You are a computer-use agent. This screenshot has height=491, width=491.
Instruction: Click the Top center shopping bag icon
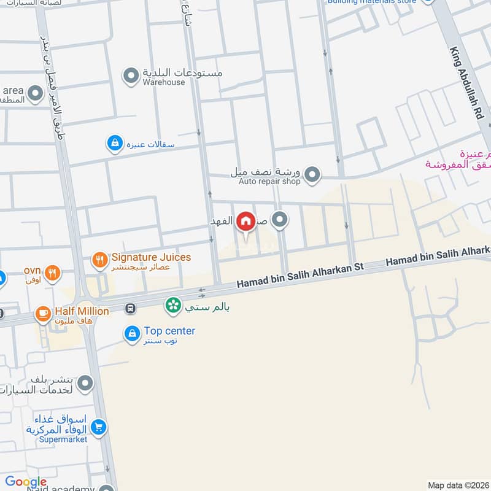click(131, 334)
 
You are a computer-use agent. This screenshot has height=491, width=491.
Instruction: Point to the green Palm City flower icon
click(173, 304)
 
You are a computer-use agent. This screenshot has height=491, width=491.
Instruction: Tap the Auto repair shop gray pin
click(312, 176)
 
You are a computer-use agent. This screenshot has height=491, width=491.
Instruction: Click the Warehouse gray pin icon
click(130, 76)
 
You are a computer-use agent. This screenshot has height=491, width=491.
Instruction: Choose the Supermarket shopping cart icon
click(98, 427)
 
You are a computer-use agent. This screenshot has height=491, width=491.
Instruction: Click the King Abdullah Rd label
click(467, 83)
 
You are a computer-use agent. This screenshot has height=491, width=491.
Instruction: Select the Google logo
click(26, 482)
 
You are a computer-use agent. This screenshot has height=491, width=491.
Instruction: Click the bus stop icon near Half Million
click(130, 308)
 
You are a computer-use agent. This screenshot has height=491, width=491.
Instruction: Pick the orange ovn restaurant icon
click(52, 273)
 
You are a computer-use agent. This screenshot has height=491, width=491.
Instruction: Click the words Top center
click(169, 331)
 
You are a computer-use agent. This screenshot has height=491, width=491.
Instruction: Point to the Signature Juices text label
click(151, 257)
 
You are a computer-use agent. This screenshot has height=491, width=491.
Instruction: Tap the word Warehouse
click(164, 82)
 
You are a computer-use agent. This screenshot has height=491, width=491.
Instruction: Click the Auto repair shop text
click(269, 182)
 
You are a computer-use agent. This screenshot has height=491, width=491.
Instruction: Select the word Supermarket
click(62, 439)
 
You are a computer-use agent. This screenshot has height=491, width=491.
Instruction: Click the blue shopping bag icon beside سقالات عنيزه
click(114, 144)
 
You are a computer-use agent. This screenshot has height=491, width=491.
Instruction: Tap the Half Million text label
click(80, 311)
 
